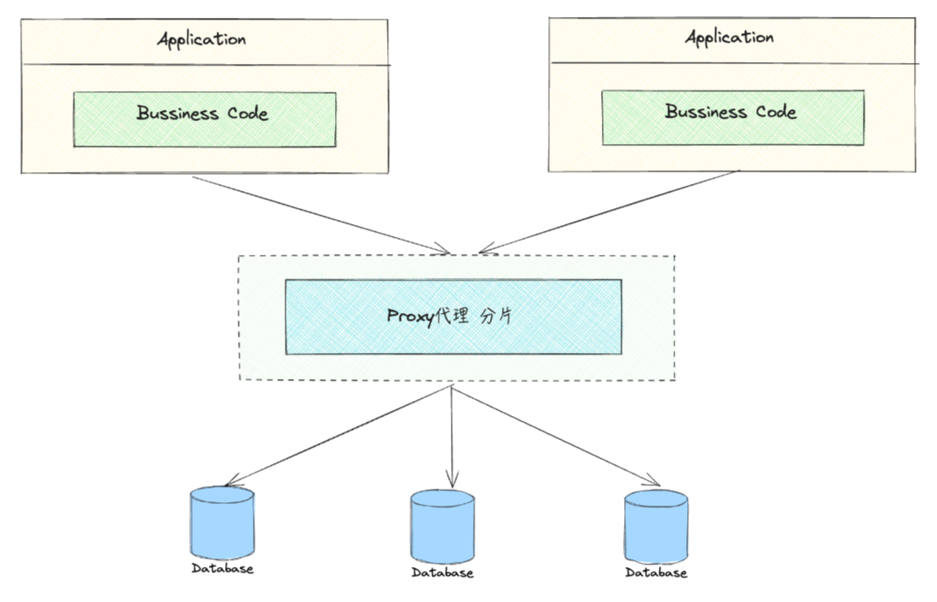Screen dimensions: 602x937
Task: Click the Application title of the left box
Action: [201, 39]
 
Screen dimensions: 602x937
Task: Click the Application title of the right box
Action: [730, 38]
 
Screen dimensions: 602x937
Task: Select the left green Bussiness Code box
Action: [204, 120]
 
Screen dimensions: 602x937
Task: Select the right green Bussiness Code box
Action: [732, 119]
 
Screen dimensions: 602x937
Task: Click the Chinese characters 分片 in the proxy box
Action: [497, 316]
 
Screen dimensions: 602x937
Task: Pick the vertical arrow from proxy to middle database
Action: [452, 435]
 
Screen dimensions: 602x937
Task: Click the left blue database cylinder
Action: [223, 521]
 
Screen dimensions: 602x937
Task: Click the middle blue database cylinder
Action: [442, 526]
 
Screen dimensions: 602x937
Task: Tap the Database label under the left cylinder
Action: [223, 569]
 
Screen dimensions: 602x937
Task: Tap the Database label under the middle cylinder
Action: [442, 573]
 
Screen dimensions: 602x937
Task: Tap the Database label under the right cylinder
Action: [656, 573]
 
